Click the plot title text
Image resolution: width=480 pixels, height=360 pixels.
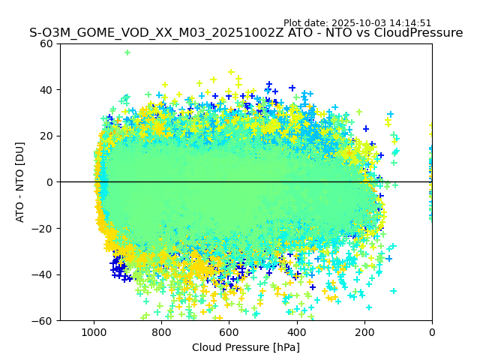(x=246, y=33)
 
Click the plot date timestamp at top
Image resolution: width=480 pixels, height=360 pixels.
(x=357, y=23)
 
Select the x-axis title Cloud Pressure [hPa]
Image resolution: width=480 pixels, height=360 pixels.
(x=246, y=347)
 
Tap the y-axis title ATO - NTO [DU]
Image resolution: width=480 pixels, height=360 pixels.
(x=20, y=181)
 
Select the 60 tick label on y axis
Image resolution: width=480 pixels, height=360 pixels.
(x=46, y=43)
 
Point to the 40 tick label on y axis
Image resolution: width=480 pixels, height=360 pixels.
(x=46, y=90)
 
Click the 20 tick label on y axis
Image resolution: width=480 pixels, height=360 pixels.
(x=46, y=136)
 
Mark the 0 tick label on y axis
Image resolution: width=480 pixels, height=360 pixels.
(x=49, y=182)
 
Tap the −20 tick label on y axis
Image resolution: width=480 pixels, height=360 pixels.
(x=43, y=229)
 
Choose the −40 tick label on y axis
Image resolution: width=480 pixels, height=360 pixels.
(x=43, y=274)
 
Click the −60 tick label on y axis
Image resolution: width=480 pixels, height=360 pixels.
(x=43, y=321)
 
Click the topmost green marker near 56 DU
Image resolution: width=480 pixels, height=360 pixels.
(x=127, y=52)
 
